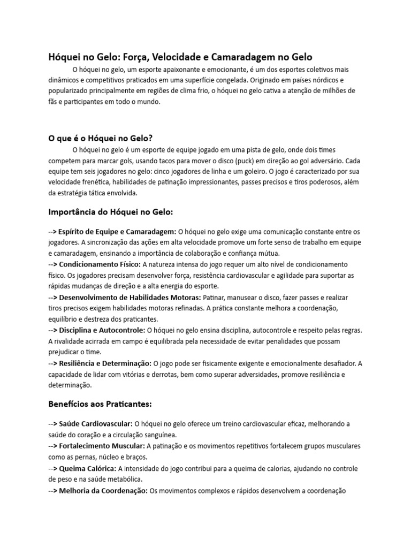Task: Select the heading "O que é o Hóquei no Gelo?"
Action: [101, 138]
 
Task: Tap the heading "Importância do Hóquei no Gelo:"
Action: [111, 212]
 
